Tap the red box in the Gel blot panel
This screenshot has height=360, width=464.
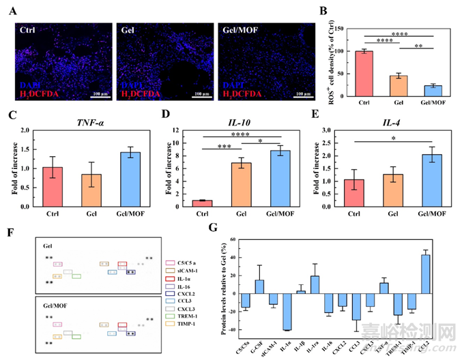[122, 264]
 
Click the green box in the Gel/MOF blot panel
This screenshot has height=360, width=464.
[76, 336]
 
